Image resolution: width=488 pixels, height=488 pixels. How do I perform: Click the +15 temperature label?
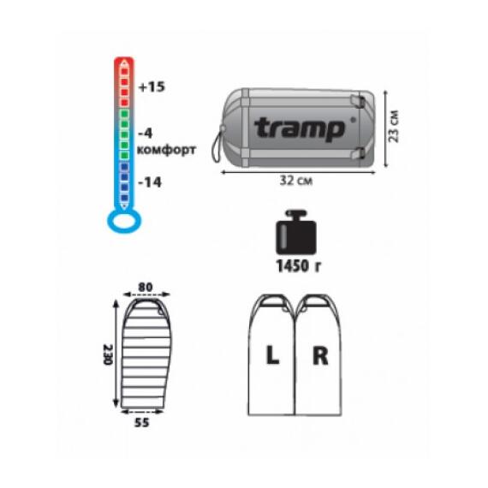152,86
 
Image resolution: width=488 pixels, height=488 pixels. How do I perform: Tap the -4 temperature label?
146,134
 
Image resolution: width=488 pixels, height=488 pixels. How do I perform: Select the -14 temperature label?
150,182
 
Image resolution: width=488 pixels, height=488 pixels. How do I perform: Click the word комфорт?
166,150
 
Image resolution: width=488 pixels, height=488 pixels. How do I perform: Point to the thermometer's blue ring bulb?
124,231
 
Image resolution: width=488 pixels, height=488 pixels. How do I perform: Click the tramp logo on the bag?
300,128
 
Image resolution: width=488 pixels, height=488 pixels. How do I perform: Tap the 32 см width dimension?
296,181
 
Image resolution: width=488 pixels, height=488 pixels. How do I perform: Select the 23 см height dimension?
394,127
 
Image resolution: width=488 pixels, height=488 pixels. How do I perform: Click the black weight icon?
296,232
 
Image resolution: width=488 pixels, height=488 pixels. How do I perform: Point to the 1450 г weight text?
299,266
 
